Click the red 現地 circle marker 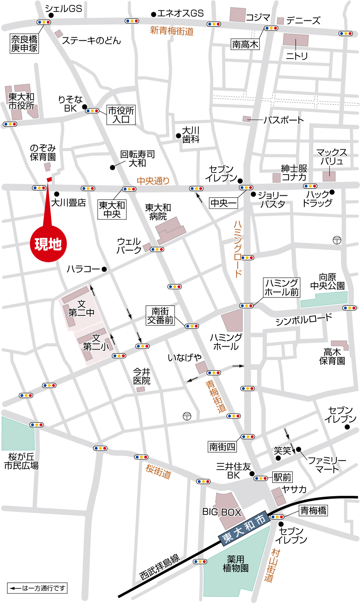coord(48,244)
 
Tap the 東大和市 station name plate coord(244,524)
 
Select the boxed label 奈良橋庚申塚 coord(24,44)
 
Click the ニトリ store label coord(296,55)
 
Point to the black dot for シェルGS coord(51,15)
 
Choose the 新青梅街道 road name coord(172,31)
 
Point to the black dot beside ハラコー coord(104,269)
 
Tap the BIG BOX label coord(222,512)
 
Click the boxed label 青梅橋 coord(313,511)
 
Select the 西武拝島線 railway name coord(159,567)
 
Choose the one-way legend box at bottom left coord(37,588)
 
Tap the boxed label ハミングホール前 coord(282,288)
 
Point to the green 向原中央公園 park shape coord(324,299)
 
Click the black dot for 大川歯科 coord(178,135)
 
